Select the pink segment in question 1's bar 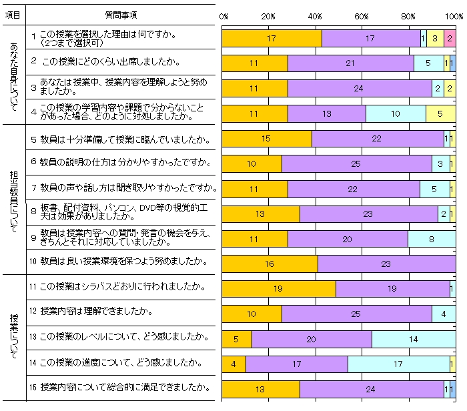tap(450, 39)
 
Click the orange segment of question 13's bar tap(237, 339)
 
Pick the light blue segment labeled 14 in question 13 tap(414, 339)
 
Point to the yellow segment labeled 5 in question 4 tap(440, 114)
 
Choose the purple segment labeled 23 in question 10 tap(386, 264)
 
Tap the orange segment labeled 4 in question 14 tap(233, 364)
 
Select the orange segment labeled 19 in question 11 tap(279, 289)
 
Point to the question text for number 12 tap(97, 312)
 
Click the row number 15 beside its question tap(33, 387)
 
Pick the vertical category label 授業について tap(14, 337)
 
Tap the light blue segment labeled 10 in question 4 tap(396, 114)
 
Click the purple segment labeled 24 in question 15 tap(372, 389)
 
